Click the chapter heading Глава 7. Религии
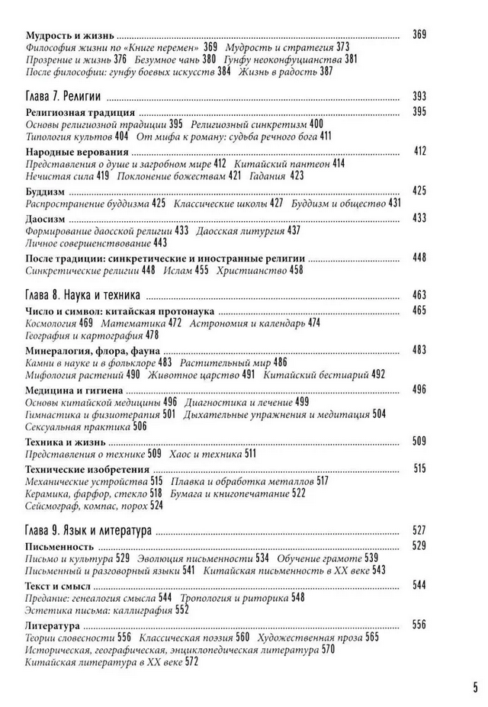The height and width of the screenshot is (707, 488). coord(65,97)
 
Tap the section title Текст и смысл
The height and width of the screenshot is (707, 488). coord(58,585)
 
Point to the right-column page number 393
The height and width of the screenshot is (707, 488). coord(418,97)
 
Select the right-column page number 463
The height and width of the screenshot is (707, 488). coord(418,295)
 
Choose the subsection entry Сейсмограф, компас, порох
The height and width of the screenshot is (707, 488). coord(88,505)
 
